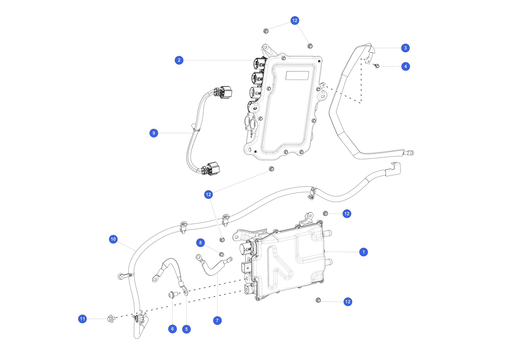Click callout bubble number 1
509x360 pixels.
point(363,252)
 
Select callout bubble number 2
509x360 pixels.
point(179,60)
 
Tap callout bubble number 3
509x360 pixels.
point(405,48)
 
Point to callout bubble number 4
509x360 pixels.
point(405,66)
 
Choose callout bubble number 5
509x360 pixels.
point(186,329)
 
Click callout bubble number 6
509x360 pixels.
point(172,329)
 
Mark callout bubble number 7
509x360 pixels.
point(217,320)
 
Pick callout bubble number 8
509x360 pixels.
point(200,243)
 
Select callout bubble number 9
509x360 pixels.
point(154,133)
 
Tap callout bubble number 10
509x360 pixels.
point(113,239)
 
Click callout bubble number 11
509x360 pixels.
point(82,319)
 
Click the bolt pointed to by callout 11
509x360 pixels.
point(111,319)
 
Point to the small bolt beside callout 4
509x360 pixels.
point(377,66)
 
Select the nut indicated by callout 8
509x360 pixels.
point(221,254)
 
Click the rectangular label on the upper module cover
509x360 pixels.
point(297,75)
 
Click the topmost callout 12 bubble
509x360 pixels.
point(295,20)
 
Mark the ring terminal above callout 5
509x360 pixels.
point(185,291)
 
